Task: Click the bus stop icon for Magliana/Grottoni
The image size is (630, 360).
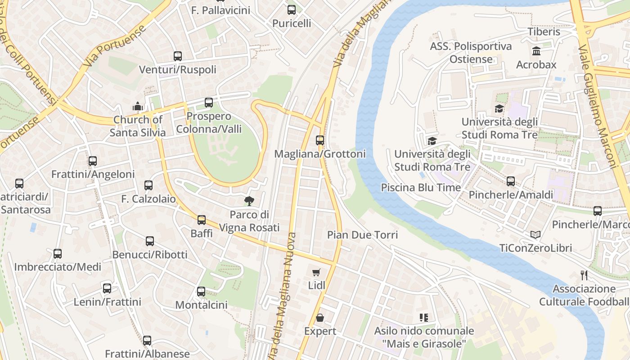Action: (x=320, y=140)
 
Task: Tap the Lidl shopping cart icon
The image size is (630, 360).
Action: (x=316, y=272)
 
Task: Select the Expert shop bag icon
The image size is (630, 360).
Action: (x=320, y=318)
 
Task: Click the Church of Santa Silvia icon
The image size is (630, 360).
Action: (x=138, y=106)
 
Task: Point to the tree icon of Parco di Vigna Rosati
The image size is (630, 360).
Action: (x=249, y=201)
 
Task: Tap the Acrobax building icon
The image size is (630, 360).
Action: (x=536, y=51)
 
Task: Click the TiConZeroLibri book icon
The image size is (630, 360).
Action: (x=535, y=234)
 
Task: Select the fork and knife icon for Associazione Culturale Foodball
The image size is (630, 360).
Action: (x=584, y=275)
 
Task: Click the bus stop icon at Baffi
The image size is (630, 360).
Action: (x=201, y=220)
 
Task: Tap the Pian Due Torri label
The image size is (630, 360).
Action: (x=362, y=234)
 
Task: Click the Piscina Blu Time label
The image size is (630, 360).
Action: (x=421, y=187)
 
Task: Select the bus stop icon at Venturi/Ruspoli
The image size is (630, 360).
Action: (x=178, y=56)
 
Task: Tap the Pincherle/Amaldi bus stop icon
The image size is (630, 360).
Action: (x=511, y=181)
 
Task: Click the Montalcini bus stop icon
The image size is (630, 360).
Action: (x=201, y=291)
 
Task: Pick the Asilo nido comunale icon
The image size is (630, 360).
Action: (x=423, y=318)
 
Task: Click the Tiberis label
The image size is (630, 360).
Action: (x=544, y=31)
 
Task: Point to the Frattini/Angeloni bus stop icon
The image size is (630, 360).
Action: (x=93, y=161)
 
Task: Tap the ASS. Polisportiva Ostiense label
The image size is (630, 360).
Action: (x=471, y=53)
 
